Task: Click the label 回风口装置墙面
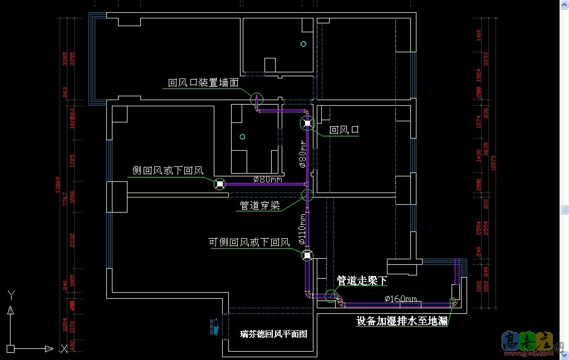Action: (x=203, y=82)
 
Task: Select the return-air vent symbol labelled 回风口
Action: (x=307, y=124)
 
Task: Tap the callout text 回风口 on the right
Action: (x=344, y=130)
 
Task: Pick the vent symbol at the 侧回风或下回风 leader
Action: (x=220, y=184)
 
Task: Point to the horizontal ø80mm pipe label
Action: (x=268, y=179)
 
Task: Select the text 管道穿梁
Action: (x=259, y=205)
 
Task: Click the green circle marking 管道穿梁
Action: (x=307, y=195)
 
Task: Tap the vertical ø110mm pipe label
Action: (x=302, y=229)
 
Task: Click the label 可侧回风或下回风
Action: (x=249, y=242)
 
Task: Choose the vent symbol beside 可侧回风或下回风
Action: (x=307, y=255)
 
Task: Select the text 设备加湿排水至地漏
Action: (x=402, y=321)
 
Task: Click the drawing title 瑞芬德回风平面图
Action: (x=273, y=334)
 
